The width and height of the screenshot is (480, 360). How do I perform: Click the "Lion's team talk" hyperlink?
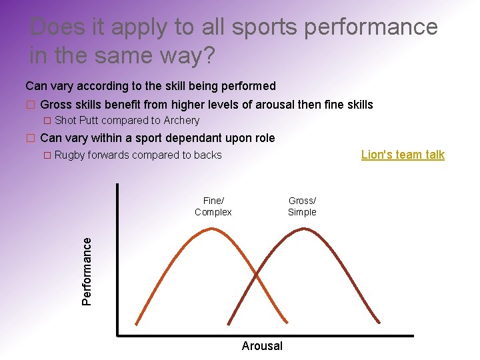click(403, 155)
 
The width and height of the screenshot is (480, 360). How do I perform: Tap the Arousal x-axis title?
click(262, 345)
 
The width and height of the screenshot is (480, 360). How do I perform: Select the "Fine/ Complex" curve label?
click(213, 206)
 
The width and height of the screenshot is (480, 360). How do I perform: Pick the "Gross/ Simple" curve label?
click(302, 206)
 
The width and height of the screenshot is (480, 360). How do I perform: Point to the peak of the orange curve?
click(212, 229)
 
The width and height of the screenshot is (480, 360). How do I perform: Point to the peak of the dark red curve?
click(304, 229)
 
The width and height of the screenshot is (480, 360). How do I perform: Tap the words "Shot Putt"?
click(76, 121)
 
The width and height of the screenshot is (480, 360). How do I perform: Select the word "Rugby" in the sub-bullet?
click(69, 155)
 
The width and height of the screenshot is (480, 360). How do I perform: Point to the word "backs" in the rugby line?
click(207, 155)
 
